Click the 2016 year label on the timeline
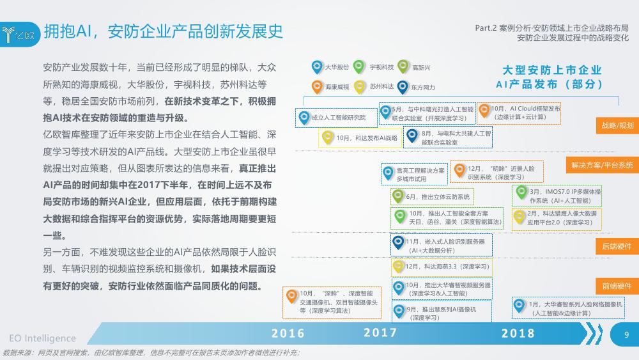tap(288, 334)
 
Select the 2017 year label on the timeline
tap(380, 333)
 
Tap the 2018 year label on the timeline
tap(518, 334)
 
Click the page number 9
tap(626, 334)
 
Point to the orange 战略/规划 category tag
tap(617, 125)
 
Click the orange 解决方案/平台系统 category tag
tap(603, 165)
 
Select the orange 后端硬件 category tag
tap(617, 246)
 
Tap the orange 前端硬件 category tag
tap(617, 286)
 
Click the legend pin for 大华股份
tap(317, 67)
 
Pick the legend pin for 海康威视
tap(317, 86)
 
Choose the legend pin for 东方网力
tap(403, 87)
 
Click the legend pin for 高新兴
tap(403, 67)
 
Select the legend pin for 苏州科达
tap(359, 87)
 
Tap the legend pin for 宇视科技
tap(359, 67)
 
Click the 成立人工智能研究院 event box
tap(336, 118)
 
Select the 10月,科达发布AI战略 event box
tap(360, 138)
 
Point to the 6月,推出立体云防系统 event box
tap(432, 197)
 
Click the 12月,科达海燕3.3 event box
tap(442, 267)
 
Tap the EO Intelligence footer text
tap(42, 338)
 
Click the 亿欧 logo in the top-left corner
tap(19, 35)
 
